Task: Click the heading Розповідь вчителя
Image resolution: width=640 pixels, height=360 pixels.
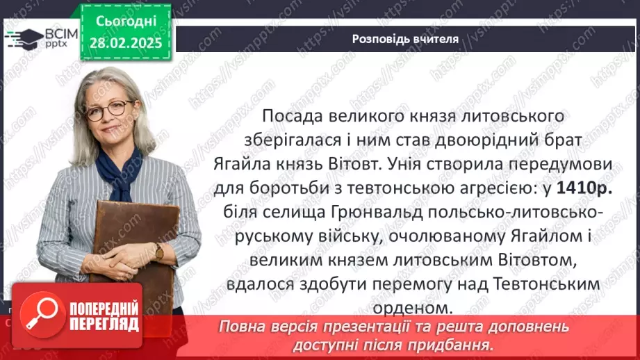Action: coord(405,39)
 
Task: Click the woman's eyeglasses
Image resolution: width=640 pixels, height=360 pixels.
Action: coord(109,109)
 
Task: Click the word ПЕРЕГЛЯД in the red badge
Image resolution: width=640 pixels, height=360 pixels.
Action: coord(96,323)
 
